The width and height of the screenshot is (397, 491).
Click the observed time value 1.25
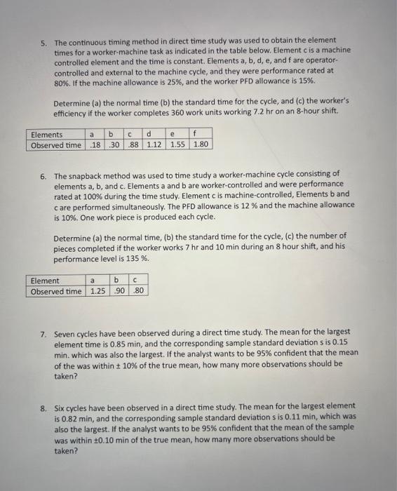(95, 291)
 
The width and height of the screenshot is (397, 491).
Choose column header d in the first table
(149, 134)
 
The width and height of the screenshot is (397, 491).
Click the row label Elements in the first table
(46, 134)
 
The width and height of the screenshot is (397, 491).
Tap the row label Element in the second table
(45, 281)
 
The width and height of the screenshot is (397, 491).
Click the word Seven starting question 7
(65, 331)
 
